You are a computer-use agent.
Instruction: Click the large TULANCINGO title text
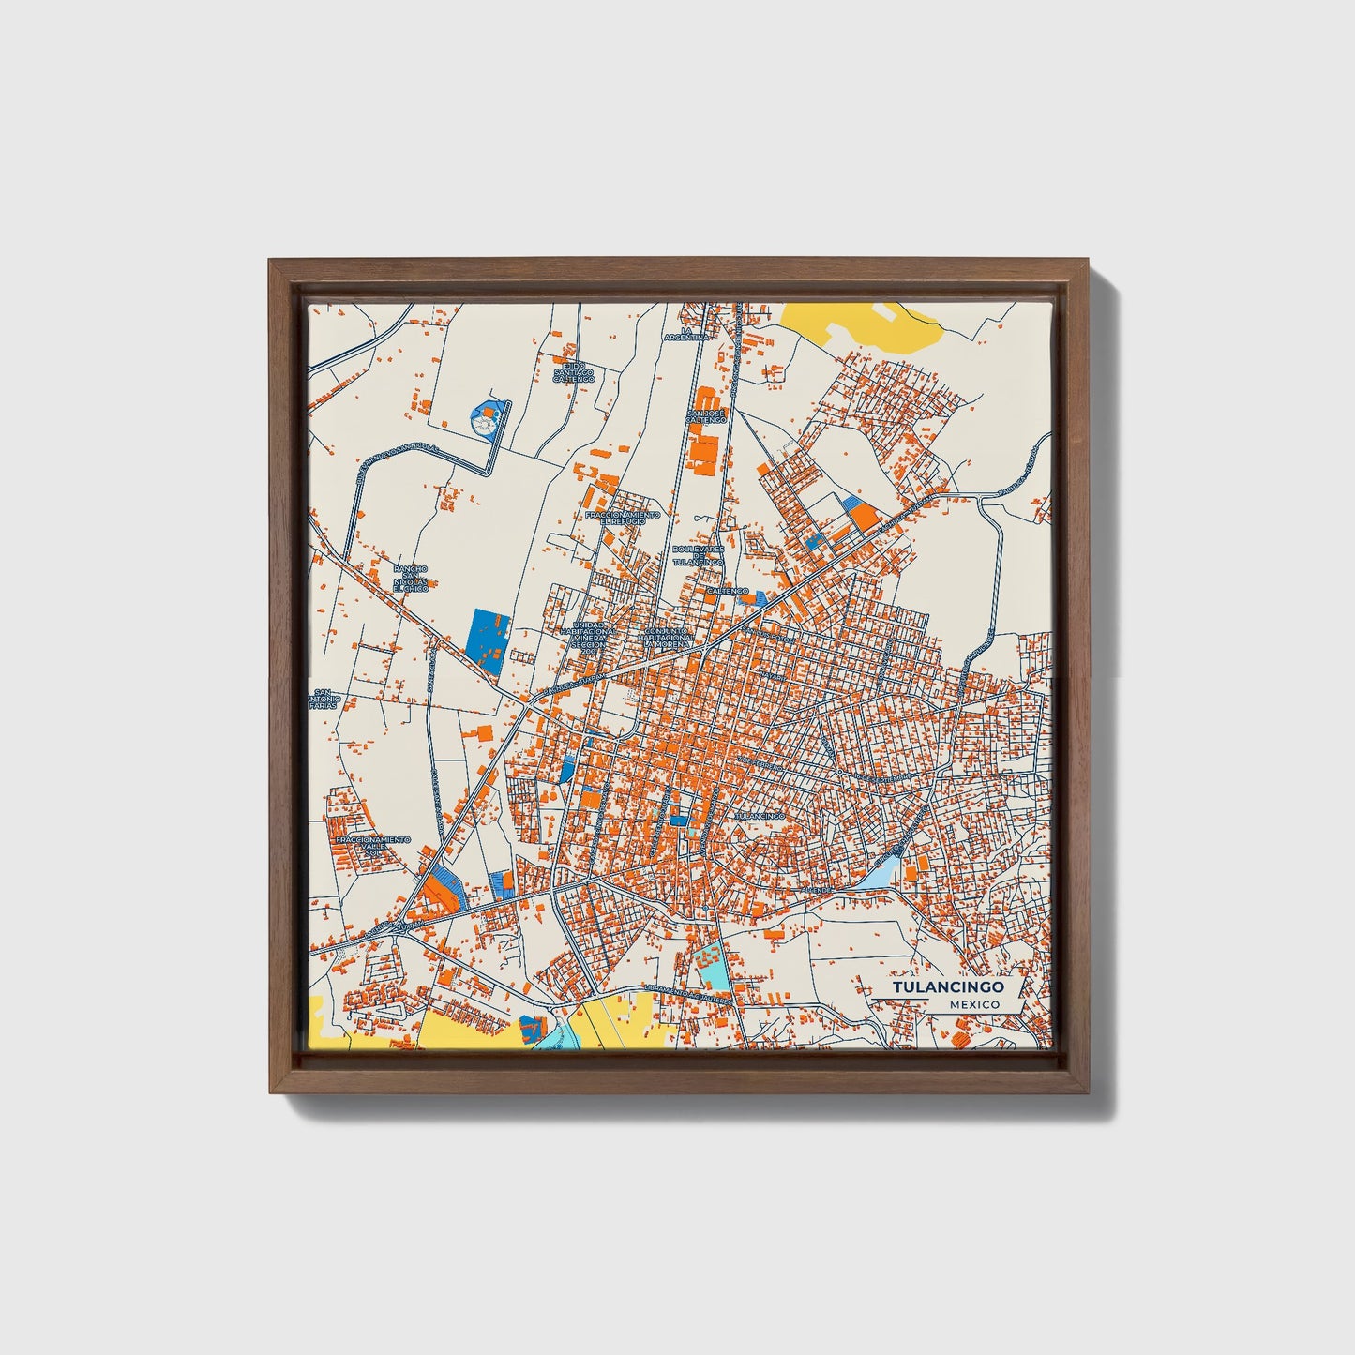947,987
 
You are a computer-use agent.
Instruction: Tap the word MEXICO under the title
972,1004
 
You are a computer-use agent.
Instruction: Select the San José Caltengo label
706,416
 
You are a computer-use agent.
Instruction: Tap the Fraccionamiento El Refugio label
622,518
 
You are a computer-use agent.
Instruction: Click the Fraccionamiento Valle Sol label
372,846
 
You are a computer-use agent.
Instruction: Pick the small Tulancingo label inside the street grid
758,816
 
